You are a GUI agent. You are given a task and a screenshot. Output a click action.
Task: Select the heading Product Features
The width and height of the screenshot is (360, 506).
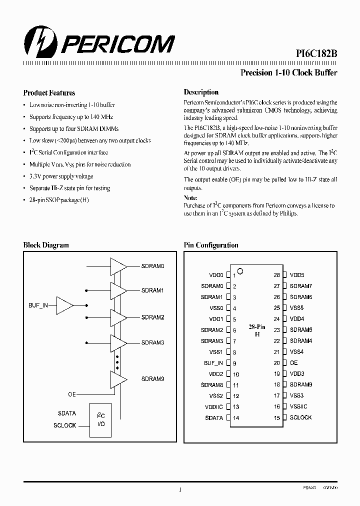(x=49, y=93)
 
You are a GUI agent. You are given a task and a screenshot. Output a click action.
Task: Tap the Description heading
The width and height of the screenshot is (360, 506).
(x=201, y=92)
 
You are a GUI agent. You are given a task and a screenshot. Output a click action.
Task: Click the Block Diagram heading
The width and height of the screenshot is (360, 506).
(x=46, y=245)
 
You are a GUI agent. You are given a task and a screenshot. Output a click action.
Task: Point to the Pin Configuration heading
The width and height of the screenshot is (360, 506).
(x=211, y=245)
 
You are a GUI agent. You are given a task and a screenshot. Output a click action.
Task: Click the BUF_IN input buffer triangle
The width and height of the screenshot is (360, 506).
(x=65, y=305)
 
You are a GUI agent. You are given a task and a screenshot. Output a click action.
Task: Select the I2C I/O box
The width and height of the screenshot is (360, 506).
(x=100, y=419)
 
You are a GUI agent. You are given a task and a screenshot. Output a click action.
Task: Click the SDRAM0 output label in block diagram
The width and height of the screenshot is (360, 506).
(x=152, y=266)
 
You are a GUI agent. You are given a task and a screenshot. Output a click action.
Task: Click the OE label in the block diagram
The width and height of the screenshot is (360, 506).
(x=72, y=394)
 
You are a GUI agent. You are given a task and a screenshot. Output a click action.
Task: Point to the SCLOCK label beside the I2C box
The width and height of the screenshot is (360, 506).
(x=65, y=425)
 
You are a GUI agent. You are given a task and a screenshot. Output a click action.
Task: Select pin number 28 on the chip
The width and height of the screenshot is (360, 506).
(x=276, y=275)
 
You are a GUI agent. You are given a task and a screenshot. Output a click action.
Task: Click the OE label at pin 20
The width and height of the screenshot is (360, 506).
(x=293, y=363)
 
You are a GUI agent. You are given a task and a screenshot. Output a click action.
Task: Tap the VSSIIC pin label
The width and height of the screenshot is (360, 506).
(x=299, y=406)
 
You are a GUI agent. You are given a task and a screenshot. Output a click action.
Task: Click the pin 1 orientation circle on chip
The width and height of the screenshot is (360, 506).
(x=240, y=271)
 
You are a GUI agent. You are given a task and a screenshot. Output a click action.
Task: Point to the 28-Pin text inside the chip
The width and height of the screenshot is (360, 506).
(x=257, y=327)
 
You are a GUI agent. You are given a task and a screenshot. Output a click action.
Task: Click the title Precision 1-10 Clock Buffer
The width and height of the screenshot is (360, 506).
(x=289, y=72)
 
